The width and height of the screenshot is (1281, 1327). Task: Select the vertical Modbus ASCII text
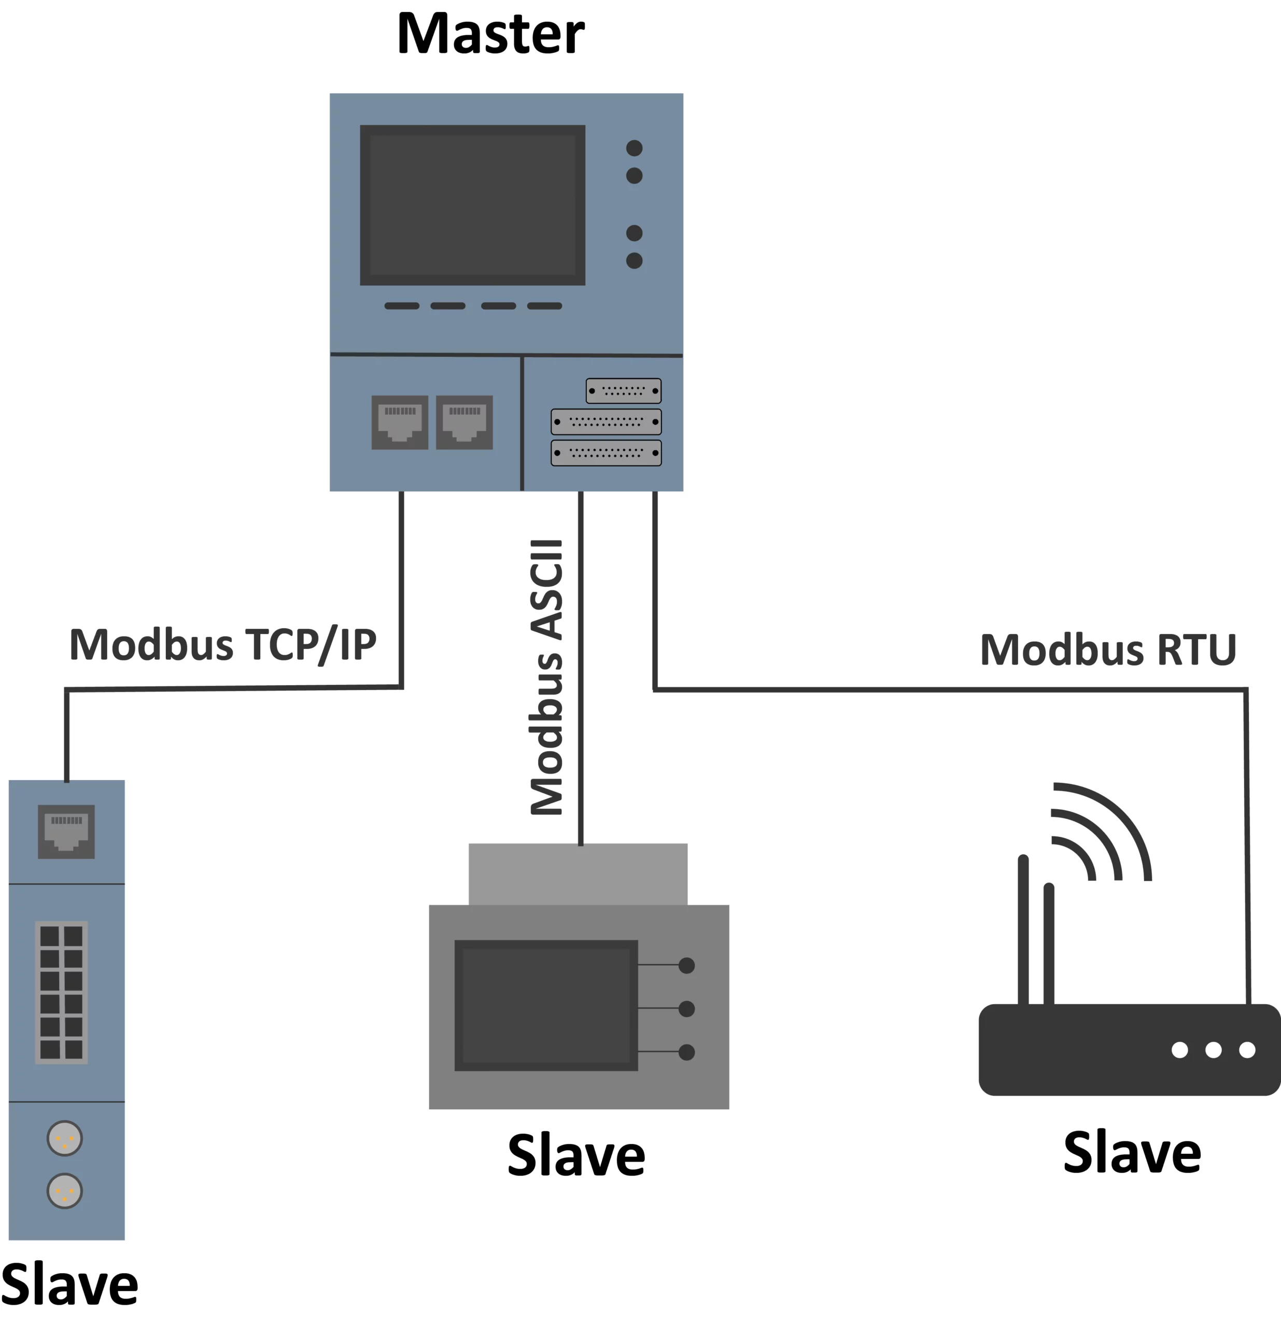[x=547, y=677]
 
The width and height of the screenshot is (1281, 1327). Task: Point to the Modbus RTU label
[x=1108, y=650]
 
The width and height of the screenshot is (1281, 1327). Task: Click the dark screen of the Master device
[x=472, y=204]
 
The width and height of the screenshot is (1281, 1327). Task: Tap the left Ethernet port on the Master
[x=400, y=422]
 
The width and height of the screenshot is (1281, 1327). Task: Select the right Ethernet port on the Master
[x=464, y=422]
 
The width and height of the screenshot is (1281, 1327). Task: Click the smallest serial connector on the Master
[x=624, y=391]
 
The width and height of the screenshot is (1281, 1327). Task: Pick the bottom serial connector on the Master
[x=606, y=452]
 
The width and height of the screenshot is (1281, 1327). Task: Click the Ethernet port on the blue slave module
[x=66, y=831]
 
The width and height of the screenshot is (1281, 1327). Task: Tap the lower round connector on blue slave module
[x=65, y=1191]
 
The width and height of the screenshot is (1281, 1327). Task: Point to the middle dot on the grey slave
[x=686, y=1008]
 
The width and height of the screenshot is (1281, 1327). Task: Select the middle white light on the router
[x=1213, y=1049]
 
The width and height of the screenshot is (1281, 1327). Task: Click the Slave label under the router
[x=1132, y=1152]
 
